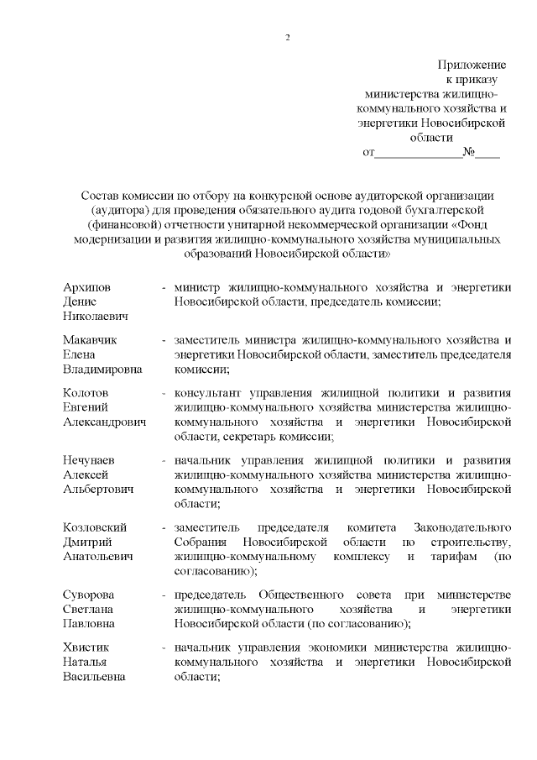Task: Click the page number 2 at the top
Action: point(287,38)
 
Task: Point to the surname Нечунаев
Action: point(91,460)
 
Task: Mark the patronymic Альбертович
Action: point(98,489)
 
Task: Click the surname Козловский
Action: point(95,527)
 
